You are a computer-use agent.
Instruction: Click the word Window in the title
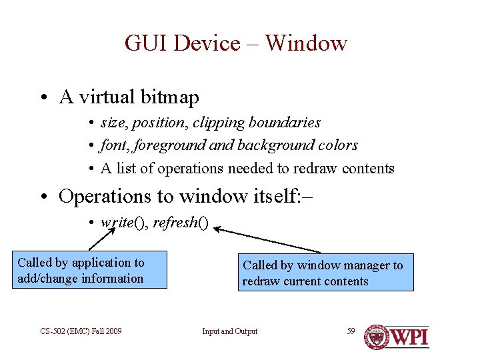tap(306, 43)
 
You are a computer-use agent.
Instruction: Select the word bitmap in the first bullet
tap(170, 98)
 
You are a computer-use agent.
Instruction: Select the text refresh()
tap(181, 223)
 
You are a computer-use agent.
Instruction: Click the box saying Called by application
tap(90, 271)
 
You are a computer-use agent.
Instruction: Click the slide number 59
tap(351, 331)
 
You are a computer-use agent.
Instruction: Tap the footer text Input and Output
tap(230, 331)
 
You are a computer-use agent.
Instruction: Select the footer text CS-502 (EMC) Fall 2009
tap(81, 331)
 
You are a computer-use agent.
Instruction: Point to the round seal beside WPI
tap(377, 337)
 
